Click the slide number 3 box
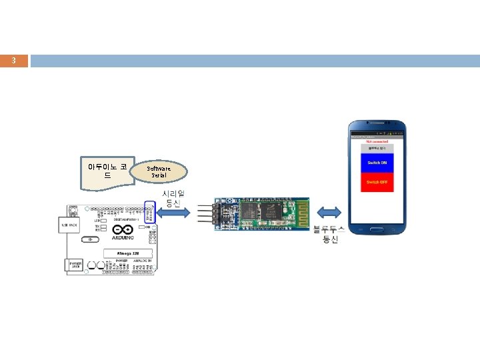(x=14, y=61)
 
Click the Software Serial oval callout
(x=159, y=171)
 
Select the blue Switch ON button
(x=377, y=163)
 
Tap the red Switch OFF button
(x=377, y=182)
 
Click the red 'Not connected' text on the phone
(x=377, y=141)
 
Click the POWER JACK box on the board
(x=75, y=265)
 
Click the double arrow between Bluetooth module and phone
(x=329, y=213)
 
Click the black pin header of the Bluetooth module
(x=218, y=213)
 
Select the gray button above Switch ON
(x=377, y=149)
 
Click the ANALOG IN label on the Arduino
(x=143, y=261)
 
